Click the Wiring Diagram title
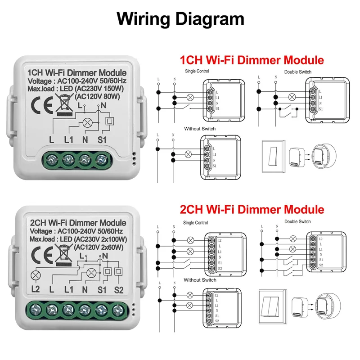click(x=180, y=19)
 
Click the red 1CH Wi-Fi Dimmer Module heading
click(x=252, y=60)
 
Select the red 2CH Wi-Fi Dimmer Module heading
click(x=252, y=209)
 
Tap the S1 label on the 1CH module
click(x=102, y=140)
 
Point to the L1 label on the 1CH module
click(x=68, y=140)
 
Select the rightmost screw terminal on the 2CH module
click(x=119, y=309)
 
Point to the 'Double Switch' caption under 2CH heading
click(x=297, y=221)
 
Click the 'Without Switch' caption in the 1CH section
click(x=200, y=129)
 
